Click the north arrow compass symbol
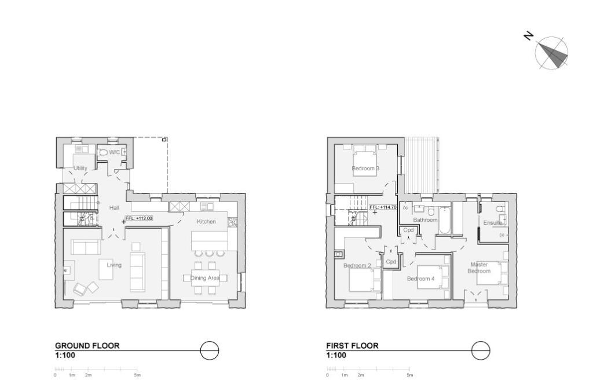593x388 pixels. point(551,53)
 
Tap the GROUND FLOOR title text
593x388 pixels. point(87,346)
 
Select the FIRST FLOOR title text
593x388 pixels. point(352,346)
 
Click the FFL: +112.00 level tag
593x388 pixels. point(140,218)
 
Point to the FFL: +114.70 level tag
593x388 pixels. point(382,207)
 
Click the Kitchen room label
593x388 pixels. point(206,221)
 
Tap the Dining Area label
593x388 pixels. point(205,278)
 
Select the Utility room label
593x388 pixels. point(80,169)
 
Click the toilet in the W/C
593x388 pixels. point(103,152)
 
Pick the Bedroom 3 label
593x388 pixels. point(365,169)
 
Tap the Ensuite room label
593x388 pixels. point(492,222)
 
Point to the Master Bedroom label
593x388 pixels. point(479,268)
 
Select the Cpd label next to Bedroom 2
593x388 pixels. point(391,262)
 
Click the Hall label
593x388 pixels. point(114,207)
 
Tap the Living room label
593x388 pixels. point(114,265)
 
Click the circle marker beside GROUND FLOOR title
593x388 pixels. point(210,350)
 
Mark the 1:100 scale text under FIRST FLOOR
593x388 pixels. point(336,355)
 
